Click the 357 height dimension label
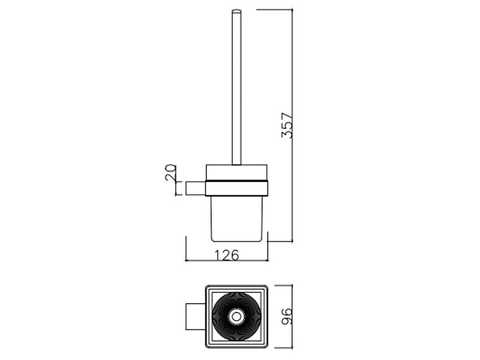click(x=287, y=125)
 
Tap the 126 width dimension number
click(x=227, y=255)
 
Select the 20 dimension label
click(x=170, y=172)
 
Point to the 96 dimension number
click(x=287, y=316)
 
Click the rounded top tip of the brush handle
click(x=236, y=11)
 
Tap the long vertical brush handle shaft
click(x=236, y=87)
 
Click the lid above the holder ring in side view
click(x=237, y=172)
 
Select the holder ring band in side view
click(x=237, y=188)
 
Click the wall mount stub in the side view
click(x=195, y=188)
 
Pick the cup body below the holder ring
click(x=237, y=218)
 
